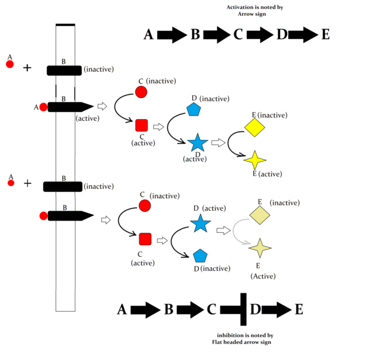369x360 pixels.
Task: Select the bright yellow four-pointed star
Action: [x=255, y=160]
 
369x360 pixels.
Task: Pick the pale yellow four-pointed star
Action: [x=260, y=248]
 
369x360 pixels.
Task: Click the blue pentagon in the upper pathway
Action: [x=194, y=110]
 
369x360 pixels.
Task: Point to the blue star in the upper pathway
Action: [x=197, y=143]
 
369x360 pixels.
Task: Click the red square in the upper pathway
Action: [x=141, y=126]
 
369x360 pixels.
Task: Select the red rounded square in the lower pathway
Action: [x=146, y=239]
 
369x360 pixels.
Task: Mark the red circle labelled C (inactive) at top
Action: [x=141, y=92]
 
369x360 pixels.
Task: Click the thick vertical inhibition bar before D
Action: [x=244, y=310]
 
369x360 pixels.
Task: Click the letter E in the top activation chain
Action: [x=325, y=35]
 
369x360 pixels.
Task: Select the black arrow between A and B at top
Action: [x=172, y=35]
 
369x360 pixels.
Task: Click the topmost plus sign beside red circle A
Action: [x=27, y=68]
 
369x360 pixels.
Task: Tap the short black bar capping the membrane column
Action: [x=65, y=24]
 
